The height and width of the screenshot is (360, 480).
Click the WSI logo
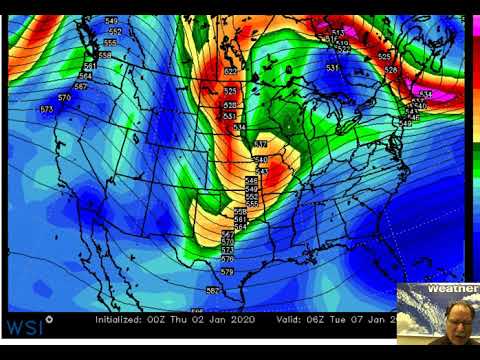pos(24,325)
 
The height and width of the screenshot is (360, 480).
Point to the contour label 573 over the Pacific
pos(46,108)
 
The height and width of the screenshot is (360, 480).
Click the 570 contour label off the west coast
pos(65,97)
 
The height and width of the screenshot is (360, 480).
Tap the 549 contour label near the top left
pos(110,21)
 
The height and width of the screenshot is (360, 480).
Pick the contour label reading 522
pos(231,72)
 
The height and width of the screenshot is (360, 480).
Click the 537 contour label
pos(260,145)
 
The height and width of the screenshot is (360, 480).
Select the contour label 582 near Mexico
pos(212,290)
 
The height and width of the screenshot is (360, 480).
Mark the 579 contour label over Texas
pos(227,271)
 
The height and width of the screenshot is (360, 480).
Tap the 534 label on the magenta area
pos(427,93)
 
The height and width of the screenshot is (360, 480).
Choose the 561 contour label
pos(90,66)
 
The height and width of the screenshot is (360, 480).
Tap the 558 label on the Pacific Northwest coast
pos(105,55)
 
